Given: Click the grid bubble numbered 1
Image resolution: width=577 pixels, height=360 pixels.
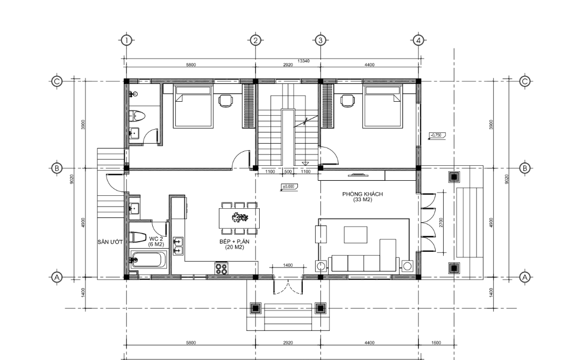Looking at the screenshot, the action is [126, 40].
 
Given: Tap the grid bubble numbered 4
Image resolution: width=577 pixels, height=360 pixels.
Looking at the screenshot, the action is [418, 40].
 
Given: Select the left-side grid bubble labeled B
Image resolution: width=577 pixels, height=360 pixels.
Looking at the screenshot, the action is [56, 168].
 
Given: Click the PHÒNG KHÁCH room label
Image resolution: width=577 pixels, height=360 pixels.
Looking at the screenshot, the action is [362, 194].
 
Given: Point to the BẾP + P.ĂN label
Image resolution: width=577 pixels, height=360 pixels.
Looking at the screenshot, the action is [234, 242].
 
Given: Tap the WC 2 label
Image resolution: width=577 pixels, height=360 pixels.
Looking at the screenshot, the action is [156, 238].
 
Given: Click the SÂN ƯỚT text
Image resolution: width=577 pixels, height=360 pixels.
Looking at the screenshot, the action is [110, 242].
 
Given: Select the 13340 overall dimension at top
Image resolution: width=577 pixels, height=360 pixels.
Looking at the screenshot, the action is [304, 61].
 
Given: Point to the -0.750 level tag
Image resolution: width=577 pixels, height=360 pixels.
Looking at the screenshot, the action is [437, 136].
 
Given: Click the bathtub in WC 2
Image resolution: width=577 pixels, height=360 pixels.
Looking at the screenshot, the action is [149, 259].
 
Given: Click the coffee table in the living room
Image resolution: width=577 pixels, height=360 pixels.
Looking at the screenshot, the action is [355, 235].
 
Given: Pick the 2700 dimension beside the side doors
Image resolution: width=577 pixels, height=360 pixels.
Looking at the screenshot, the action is [441, 222].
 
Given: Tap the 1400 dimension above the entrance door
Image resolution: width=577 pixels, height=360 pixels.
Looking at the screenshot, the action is [288, 265].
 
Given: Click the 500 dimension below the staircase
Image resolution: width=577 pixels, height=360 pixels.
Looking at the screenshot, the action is [288, 172].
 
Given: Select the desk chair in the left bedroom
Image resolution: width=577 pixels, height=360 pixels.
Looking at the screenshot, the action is [225, 101].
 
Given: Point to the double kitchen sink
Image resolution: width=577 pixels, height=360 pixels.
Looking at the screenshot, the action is [178, 246].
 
